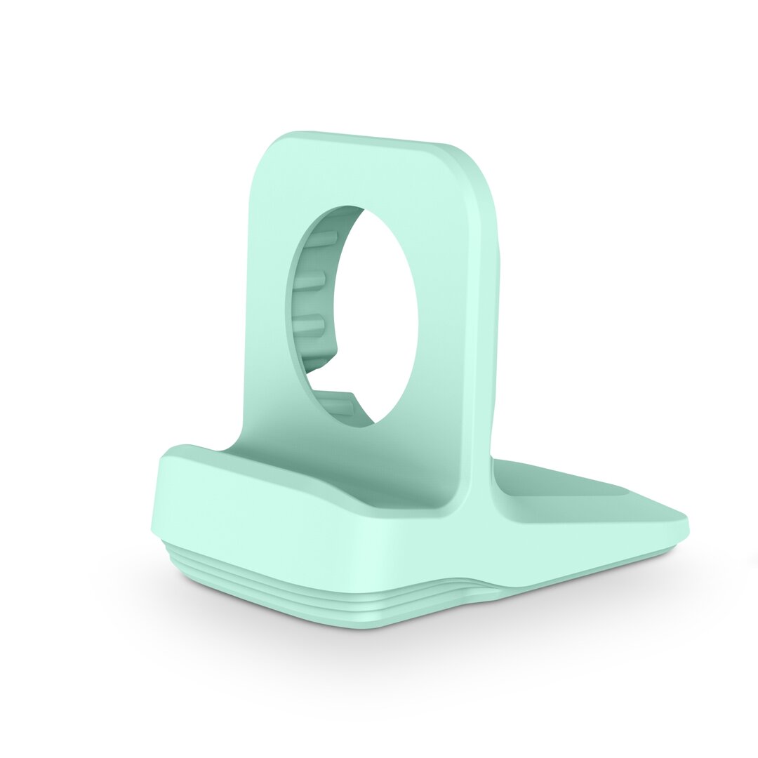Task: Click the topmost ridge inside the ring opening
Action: (x=319, y=239)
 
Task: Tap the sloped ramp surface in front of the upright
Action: (x=295, y=477)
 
